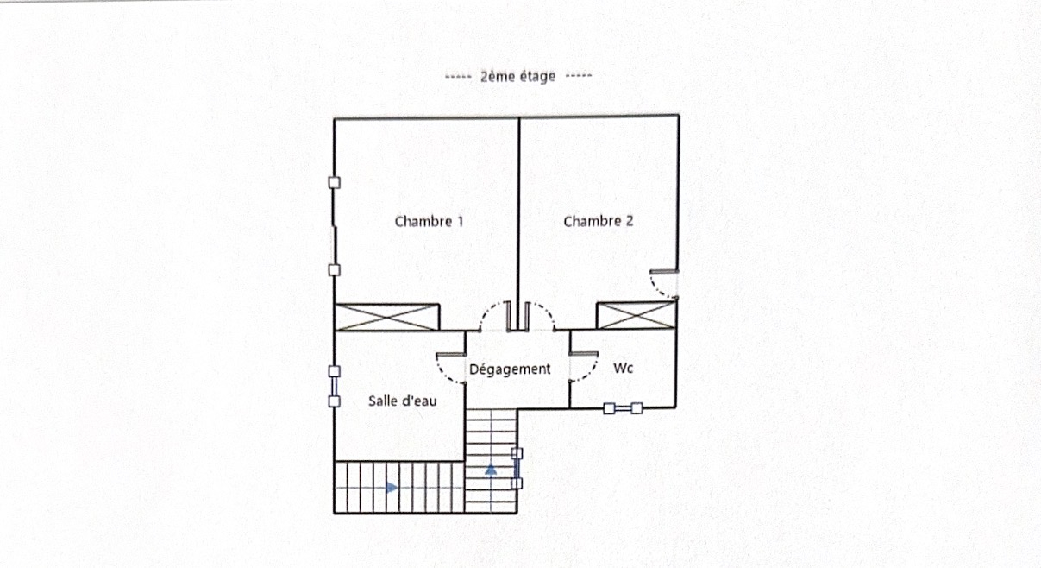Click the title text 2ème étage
tap(517, 76)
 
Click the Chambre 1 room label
tap(429, 222)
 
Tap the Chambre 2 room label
tap(598, 221)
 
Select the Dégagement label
tap(510, 369)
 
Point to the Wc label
tap(623, 368)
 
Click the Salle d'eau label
tap(403, 401)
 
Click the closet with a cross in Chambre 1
tap(387, 318)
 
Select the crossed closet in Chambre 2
tap(636, 315)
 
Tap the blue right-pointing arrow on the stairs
tap(392, 488)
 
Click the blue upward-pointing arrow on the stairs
tap(491, 470)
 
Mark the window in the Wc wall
tap(623, 408)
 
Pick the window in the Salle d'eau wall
tap(334, 387)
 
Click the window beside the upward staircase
tap(517, 469)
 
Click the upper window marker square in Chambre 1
tap(334, 183)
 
